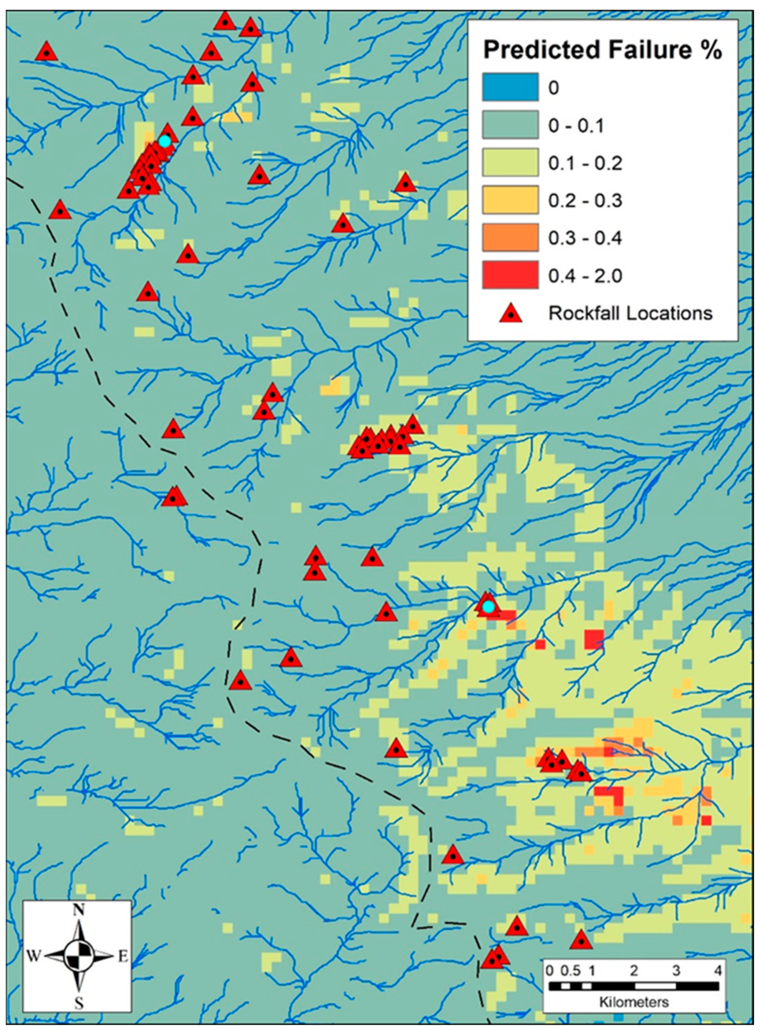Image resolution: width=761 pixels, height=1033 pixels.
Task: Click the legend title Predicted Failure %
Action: [x=602, y=50]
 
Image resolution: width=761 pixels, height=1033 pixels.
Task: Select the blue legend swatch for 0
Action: [x=510, y=87]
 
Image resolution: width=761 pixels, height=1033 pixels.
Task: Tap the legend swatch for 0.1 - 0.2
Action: [x=510, y=163]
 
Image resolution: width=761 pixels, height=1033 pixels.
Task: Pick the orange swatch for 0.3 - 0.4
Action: [x=510, y=238]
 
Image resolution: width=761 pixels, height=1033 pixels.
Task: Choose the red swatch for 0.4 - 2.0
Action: [x=510, y=275]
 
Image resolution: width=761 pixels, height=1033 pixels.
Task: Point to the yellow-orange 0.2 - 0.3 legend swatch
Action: [x=510, y=200]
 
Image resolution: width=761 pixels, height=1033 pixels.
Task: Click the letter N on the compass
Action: [x=79, y=910]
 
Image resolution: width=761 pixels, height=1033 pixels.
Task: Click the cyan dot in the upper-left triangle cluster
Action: [x=165, y=141]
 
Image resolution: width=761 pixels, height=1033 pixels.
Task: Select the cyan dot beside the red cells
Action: [x=488, y=608]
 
